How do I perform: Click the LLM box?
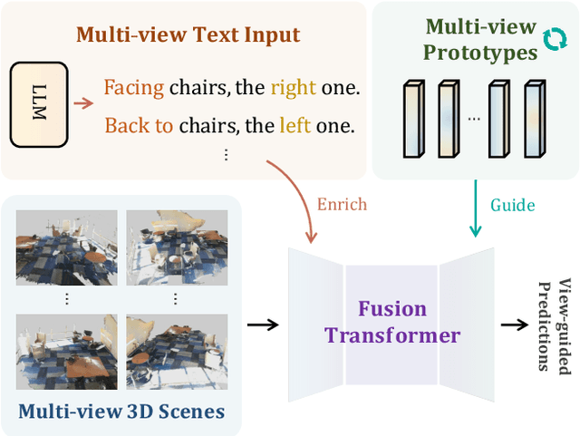(39, 105)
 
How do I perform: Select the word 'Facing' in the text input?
(133, 88)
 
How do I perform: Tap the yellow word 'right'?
(293, 88)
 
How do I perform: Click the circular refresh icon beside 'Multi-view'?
(552, 38)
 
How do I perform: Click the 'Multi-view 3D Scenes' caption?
(121, 412)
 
